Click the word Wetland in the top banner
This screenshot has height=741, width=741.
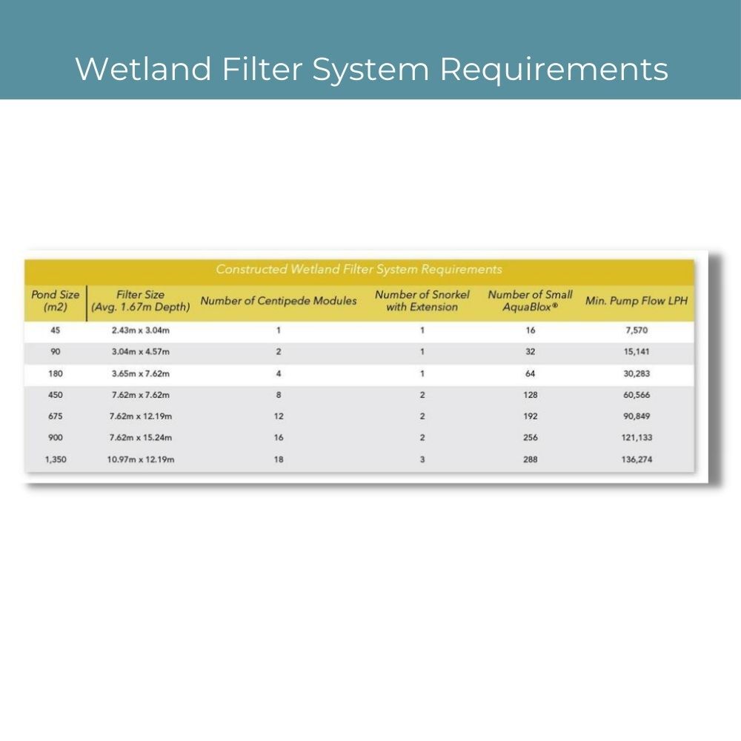pos(143,69)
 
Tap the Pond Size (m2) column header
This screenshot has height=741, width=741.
pos(56,301)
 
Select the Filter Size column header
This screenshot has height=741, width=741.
pos(140,301)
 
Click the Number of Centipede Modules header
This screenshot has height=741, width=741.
pos(279,301)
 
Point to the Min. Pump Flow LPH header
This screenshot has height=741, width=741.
pos(636,301)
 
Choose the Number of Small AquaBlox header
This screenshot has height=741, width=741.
pos(531,301)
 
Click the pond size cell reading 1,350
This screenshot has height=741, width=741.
pos(56,459)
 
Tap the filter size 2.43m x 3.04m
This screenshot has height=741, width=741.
pos(140,330)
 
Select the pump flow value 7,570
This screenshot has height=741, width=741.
pos(637,330)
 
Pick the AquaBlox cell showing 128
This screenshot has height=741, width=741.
pos(531,395)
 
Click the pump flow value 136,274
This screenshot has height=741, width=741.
pos(637,459)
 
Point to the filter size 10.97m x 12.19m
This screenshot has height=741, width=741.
pos(140,459)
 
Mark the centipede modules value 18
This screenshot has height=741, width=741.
pos(279,459)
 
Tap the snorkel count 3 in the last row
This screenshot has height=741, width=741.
pos(422,459)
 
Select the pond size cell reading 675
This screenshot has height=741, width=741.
pos(56,416)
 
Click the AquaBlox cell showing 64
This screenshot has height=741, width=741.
pos(531,373)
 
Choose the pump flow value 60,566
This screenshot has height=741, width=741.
pos(637,395)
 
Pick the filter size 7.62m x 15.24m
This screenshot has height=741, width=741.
pos(140,438)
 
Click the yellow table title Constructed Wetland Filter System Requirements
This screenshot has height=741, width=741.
pos(359,270)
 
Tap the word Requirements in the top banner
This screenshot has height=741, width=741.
pos(554,70)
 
